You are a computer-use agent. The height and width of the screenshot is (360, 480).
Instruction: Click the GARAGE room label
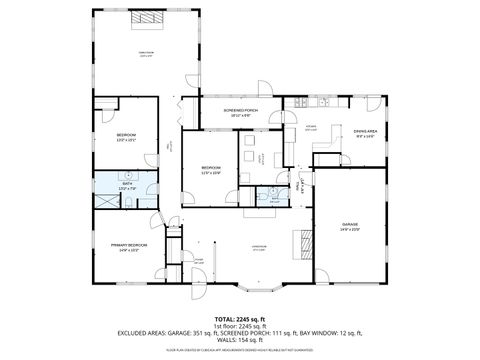tap(350, 225)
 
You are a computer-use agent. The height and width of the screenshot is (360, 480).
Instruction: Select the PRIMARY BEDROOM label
tap(129, 245)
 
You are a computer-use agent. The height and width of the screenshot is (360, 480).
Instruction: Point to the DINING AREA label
tap(365, 131)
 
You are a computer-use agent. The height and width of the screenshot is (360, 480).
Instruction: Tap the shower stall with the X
tap(105, 198)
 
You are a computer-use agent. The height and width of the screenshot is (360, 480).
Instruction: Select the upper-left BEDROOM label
tap(125, 136)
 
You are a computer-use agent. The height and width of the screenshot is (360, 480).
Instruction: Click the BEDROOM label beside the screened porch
tap(210, 168)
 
